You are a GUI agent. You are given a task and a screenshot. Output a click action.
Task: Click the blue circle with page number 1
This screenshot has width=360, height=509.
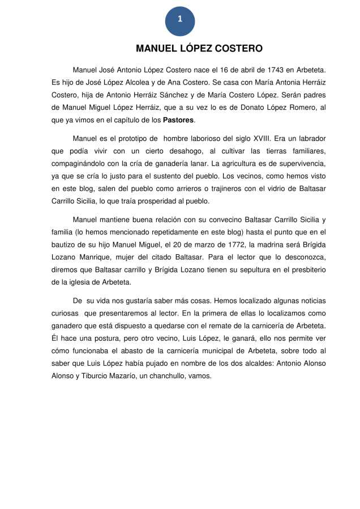[x=179, y=20]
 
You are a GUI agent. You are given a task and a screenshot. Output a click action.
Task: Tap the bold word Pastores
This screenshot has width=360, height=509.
[x=178, y=120]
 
